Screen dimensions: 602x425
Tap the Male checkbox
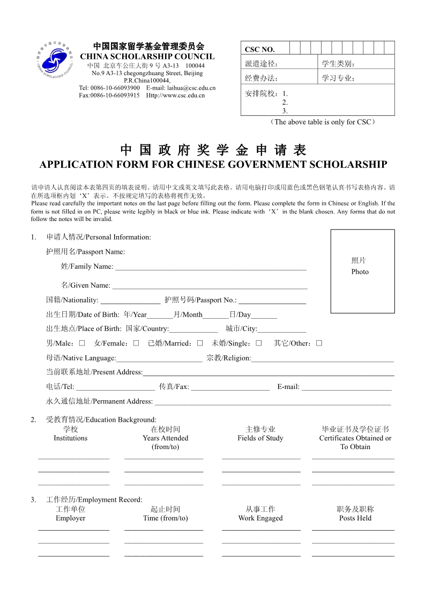82,343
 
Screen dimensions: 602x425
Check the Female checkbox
136,343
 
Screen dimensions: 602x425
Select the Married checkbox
199,343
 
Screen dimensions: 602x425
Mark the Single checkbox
258,343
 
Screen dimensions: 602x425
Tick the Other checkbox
319,343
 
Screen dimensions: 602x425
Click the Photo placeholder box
362,271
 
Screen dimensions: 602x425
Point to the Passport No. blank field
272,300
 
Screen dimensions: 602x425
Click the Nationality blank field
130,300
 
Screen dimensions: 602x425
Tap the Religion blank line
322,358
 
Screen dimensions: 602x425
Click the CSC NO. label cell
260,49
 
